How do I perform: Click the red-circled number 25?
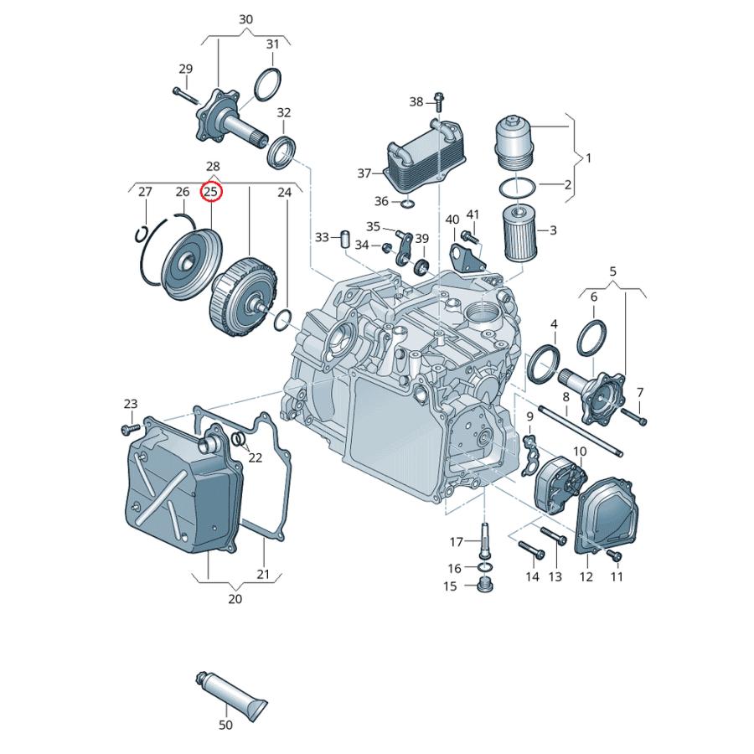pos(211,192)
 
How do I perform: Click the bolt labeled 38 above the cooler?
pos(438,102)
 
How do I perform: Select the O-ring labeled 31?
pos(267,83)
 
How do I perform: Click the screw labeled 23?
pos(128,429)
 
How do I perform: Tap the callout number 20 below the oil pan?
pos(235,599)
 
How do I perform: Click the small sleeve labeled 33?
pos(343,237)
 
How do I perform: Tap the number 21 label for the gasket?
pos(263,574)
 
